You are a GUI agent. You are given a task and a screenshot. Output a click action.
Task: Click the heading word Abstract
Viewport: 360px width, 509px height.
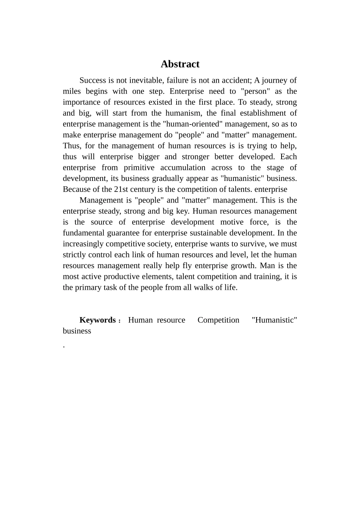click(180, 64)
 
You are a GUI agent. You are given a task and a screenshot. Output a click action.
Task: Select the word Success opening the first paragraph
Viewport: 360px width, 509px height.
click(93, 80)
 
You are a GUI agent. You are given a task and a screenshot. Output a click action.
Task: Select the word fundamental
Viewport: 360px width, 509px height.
click(83, 233)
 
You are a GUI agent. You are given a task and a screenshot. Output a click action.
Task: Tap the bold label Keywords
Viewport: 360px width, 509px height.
click(98, 320)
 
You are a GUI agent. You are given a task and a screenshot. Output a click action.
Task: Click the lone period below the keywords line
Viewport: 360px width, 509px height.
click(64, 346)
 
